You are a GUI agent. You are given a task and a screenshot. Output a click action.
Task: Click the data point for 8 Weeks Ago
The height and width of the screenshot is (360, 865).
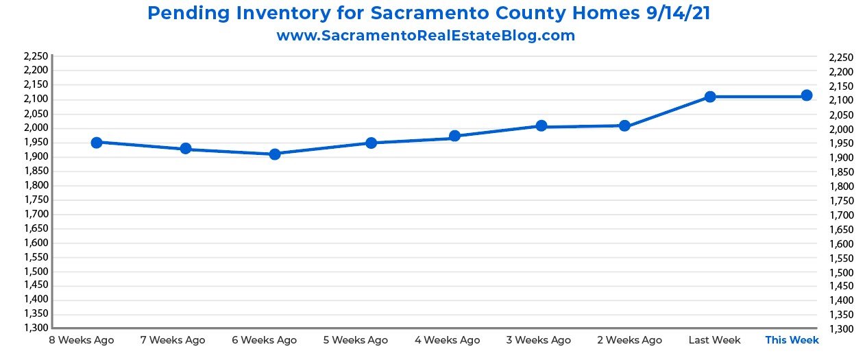97,143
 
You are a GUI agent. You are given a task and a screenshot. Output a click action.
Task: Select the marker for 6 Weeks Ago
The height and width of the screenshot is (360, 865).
275,154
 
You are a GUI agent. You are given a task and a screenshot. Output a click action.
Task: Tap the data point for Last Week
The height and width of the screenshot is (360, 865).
710,97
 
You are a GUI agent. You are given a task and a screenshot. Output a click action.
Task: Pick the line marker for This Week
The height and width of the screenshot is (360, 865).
807,95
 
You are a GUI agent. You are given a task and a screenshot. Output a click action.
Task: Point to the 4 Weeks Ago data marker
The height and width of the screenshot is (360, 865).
454,136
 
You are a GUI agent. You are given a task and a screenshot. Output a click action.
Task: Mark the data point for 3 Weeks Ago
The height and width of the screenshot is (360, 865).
541,125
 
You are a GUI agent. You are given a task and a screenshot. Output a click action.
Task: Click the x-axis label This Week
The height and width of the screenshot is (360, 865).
792,340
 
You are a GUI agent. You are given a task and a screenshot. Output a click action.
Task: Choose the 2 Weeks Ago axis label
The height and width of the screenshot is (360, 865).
630,340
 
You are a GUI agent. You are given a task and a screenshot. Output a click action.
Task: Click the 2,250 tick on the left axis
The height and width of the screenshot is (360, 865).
36,56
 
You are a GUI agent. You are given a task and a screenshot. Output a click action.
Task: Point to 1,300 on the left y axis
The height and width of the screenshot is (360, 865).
36,328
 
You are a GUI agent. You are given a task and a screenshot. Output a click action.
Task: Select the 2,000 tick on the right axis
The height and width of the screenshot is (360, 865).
842,130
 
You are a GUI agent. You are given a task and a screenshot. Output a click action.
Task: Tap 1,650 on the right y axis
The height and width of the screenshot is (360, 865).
842,230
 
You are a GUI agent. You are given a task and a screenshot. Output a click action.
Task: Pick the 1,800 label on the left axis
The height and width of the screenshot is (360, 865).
36,185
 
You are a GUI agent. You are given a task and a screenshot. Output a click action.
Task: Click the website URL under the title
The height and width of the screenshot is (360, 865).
426,36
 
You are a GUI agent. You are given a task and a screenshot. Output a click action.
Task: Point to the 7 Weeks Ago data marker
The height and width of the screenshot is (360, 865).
186,149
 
